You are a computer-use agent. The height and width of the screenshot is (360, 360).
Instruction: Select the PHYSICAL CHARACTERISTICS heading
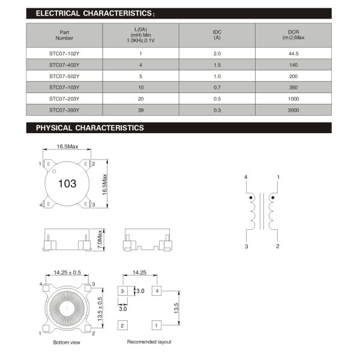90,128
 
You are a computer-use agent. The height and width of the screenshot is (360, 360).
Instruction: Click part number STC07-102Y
64,53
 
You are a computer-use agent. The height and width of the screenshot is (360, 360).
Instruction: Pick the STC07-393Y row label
64,110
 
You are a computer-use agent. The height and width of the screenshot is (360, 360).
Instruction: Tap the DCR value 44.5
293,53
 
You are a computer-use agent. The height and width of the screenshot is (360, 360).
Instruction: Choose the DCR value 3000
293,110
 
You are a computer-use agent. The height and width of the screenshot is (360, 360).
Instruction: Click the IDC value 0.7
217,87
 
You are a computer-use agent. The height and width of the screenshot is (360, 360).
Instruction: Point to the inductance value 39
140,110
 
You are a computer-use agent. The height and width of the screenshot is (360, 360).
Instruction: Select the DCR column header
293,35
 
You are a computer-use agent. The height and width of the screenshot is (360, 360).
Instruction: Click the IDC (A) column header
217,35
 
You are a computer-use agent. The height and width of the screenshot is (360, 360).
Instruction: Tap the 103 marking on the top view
67,184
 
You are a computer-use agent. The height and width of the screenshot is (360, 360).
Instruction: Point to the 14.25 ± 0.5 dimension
67,272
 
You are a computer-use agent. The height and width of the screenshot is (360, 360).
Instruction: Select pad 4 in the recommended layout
156,291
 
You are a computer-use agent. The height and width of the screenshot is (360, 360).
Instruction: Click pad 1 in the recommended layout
156,325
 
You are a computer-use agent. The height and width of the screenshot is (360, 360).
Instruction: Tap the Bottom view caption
66,343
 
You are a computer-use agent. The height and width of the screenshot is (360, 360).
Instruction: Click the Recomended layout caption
149,342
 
